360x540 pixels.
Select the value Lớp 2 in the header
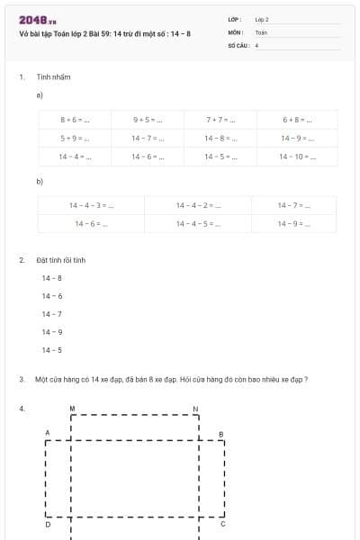click(262, 19)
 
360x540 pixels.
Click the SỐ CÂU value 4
click(257, 44)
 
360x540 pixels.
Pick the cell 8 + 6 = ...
click(74, 119)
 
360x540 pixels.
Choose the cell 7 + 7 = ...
click(220, 119)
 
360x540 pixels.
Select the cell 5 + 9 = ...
click(74, 138)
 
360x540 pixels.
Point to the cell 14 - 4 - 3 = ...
click(91, 205)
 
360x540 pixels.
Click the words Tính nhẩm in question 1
click(53, 77)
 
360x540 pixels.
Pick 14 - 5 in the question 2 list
click(51, 350)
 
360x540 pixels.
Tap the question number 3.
click(21, 380)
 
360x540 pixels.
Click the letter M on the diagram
click(72, 408)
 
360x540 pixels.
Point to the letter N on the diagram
click(196, 408)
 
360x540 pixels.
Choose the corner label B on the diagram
click(221, 434)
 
